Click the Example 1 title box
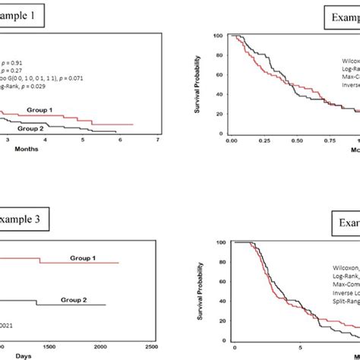(22, 16)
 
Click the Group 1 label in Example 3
(89, 257)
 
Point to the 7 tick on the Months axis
(157, 140)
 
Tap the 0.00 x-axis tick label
(233, 141)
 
